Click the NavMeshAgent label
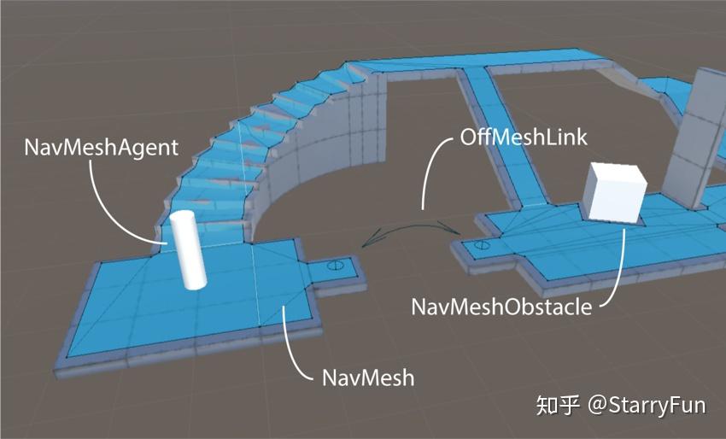[x=101, y=147]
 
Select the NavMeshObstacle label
[x=501, y=306]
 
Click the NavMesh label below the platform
[x=368, y=377]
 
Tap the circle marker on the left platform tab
[x=337, y=266]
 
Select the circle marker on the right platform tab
[x=482, y=246]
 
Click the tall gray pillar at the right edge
[x=700, y=137]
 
